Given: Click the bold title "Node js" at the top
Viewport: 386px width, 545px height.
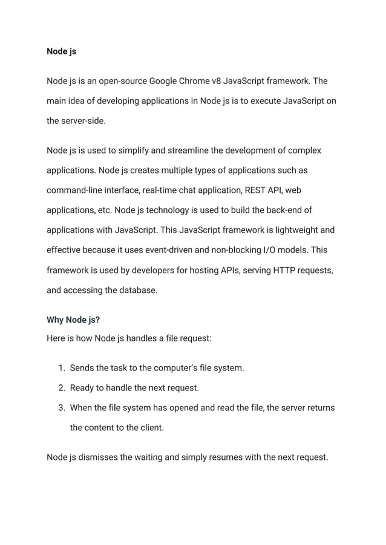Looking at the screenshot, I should point(61,51).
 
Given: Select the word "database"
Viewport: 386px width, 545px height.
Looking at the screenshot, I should point(136,289).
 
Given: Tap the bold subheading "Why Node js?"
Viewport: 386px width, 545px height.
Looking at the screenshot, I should point(73,320).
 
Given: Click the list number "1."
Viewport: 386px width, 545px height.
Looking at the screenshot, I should point(61,368).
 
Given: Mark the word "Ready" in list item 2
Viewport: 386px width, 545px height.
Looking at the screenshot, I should point(83,388).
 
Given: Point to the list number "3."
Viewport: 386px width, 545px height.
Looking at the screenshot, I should point(61,408).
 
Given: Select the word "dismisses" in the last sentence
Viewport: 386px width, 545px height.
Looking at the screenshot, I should point(97,457).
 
